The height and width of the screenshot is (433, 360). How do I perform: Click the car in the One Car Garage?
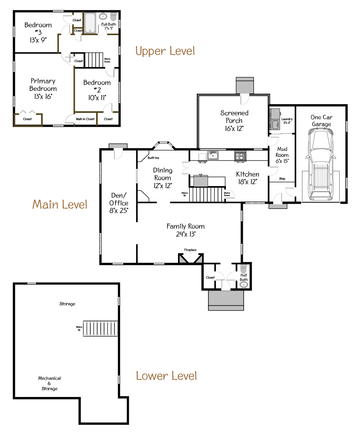(x=321, y=164)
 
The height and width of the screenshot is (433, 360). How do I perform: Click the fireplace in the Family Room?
(x=191, y=259)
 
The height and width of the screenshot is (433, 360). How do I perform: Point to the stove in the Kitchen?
(x=240, y=156)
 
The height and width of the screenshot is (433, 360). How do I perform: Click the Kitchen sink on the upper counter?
(x=213, y=155)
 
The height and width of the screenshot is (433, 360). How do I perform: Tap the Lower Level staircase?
(x=100, y=328)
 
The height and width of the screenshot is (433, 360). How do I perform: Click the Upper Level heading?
(x=165, y=51)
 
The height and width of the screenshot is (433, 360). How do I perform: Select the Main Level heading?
(x=60, y=204)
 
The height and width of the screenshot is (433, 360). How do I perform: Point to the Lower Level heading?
(x=166, y=376)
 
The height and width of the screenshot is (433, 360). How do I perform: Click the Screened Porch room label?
(x=234, y=117)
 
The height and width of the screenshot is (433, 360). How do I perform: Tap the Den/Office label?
(x=119, y=199)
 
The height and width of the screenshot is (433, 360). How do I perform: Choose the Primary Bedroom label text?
(x=43, y=85)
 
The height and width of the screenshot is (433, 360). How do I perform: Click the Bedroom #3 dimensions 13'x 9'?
(x=38, y=40)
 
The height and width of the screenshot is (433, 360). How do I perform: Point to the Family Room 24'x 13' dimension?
(x=186, y=234)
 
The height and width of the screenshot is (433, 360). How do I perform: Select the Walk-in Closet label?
(x=85, y=119)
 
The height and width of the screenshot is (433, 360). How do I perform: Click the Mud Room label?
(x=282, y=152)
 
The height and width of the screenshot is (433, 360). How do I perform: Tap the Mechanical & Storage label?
(x=50, y=383)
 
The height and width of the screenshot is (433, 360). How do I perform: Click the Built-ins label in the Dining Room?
(x=153, y=158)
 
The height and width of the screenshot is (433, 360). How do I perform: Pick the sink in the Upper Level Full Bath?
(x=103, y=16)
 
